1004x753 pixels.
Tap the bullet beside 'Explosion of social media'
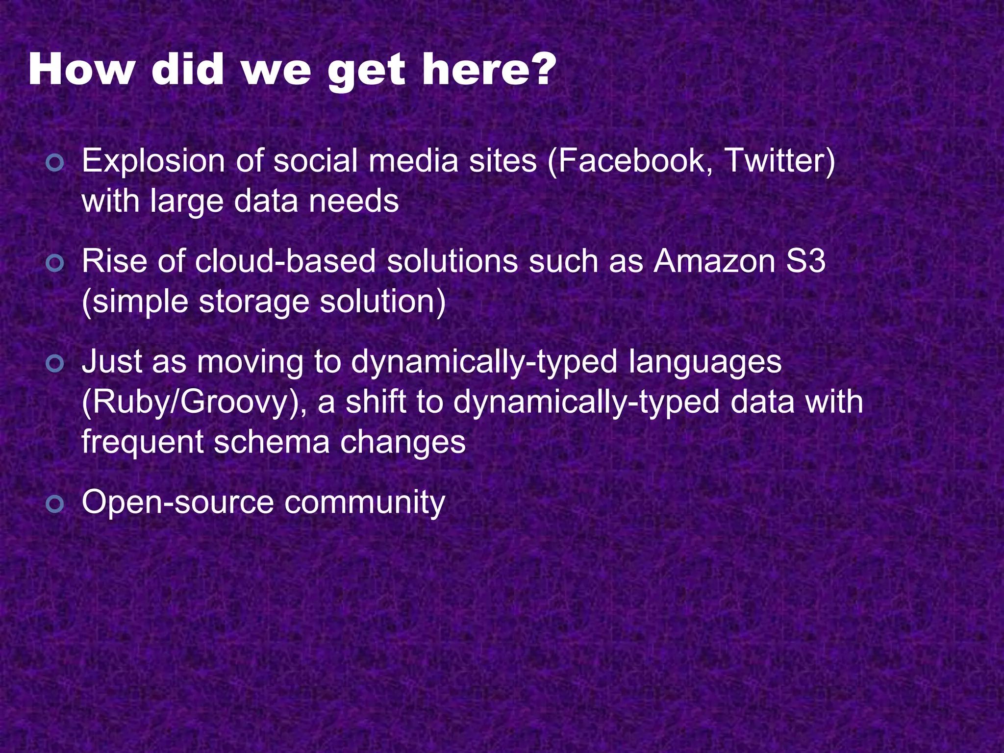(x=54, y=163)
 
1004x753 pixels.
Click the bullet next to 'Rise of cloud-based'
(x=54, y=263)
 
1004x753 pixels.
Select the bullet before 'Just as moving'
(x=54, y=364)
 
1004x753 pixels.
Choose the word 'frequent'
(x=142, y=442)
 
